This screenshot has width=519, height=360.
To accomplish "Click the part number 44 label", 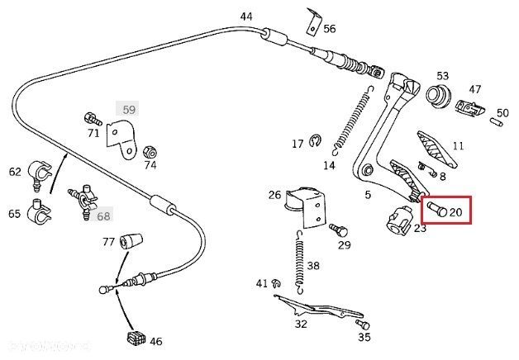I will pos(246,17).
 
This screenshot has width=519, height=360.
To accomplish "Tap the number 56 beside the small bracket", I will pos(330,28).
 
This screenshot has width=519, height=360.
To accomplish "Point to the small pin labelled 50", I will pos(498,122).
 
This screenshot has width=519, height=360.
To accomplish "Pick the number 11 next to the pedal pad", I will pos(458,146).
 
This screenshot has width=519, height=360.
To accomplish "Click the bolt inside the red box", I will pos(436,210).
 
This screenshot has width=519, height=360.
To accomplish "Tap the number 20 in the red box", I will pos(457,212).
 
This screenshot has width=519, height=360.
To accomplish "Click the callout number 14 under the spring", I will pos(329,165).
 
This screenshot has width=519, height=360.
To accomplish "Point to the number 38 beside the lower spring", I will pos(312,266).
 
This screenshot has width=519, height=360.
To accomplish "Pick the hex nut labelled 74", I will pos(150,152).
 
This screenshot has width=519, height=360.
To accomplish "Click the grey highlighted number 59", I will pos(129,109).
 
